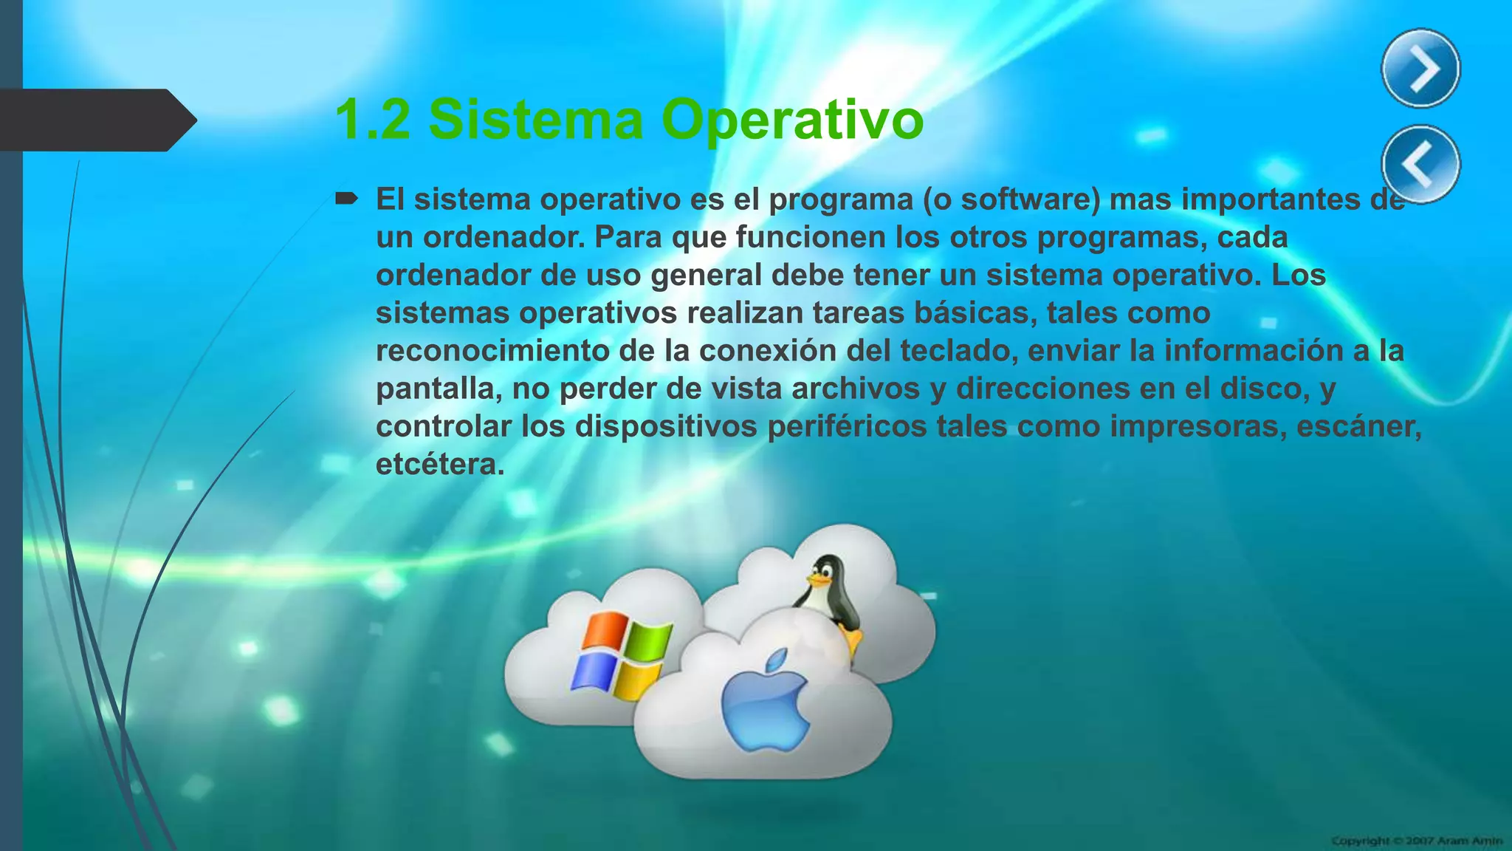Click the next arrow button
point(1420,69)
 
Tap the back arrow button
point(1420,164)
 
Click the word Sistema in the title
point(536,120)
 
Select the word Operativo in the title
point(792,120)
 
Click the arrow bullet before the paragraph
point(346,198)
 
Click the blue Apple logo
point(765,700)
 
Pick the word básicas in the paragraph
point(969,313)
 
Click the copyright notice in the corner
point(1417,841)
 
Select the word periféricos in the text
point(846,426)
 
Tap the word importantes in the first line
point(1271,199)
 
